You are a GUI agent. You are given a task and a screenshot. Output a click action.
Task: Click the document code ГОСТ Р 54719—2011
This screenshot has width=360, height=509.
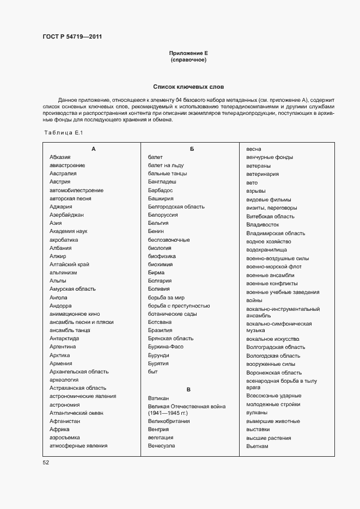click(x=72, y=37)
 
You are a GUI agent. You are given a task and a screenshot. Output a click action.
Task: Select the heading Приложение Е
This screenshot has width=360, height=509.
click(x=188, y=53)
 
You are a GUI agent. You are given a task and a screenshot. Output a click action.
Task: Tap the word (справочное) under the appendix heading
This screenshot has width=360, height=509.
click(x=188, y=60)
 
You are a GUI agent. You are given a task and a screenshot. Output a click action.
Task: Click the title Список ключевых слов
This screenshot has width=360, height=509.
click(x=188, y=87)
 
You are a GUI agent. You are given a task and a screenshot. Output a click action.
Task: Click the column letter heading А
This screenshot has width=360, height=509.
click(x=93, y=149)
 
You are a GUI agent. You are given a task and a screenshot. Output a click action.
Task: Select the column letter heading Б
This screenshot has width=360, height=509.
click(x=192, y=149)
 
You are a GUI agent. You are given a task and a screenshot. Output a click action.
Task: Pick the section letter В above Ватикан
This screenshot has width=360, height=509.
click(x=188, y=389)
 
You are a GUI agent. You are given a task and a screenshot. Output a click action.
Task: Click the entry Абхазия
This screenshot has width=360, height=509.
click(x=60, y=157)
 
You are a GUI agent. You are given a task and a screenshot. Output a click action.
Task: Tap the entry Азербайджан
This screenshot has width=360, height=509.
click(x=66, y=215)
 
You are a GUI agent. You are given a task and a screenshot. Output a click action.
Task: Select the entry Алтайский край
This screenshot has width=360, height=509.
click(x=69, y=264)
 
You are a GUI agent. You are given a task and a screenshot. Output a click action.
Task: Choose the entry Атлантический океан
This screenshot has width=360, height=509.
click(x=76, y=413)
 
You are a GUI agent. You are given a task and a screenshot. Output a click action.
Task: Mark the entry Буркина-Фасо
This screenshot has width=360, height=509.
click(x=166, y=347)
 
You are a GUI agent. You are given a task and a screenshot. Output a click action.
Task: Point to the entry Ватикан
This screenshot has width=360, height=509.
click(x=158, y=398)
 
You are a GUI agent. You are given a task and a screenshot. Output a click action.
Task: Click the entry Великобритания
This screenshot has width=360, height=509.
click(x=169, y=421)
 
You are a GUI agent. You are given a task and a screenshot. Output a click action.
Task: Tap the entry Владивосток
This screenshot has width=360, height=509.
click(x=263, y=224)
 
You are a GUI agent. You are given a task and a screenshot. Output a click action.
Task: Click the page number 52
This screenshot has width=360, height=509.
click(x=46, y=462)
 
